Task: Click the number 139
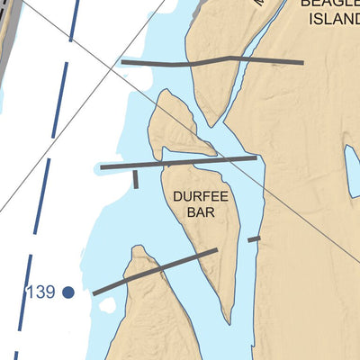[40, 292]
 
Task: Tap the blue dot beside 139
[68, 292]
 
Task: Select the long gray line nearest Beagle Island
[212, 61]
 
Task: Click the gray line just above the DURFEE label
[178, 163]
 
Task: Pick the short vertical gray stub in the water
[136, 178]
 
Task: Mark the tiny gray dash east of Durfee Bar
[254, 238]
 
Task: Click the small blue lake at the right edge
[352, 171]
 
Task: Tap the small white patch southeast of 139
[108, 304]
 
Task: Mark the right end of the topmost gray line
[301, 64]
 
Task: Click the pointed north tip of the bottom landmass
[137, 248]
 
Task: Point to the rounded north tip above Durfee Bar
[166, 93]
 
